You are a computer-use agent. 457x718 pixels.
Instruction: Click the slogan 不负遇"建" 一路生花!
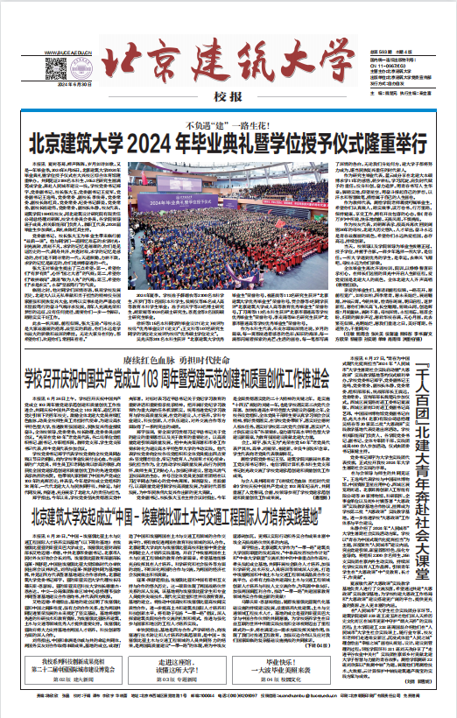point(229,124)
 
